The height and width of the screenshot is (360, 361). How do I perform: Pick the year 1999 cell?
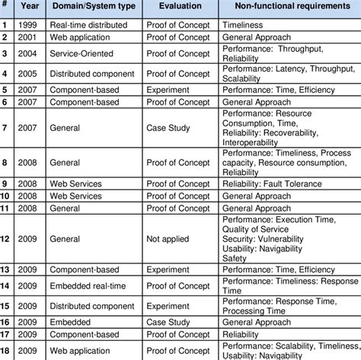click(x=28, y=24)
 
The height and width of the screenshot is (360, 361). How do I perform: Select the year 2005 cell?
click(x=28, y=73)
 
